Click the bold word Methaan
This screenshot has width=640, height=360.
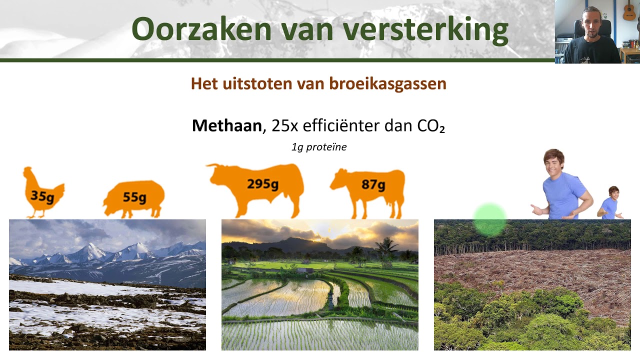point(226,125)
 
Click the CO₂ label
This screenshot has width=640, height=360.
point(430,126)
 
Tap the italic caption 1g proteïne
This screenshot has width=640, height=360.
point(318,147)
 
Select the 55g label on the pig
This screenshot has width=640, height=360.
point(134,197)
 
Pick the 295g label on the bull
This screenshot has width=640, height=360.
point(262,184)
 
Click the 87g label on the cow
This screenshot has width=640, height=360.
point(373,184)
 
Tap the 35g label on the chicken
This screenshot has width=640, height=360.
point(42,196)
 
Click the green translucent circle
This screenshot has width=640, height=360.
point(489,220)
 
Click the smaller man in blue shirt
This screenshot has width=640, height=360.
point(610,203)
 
